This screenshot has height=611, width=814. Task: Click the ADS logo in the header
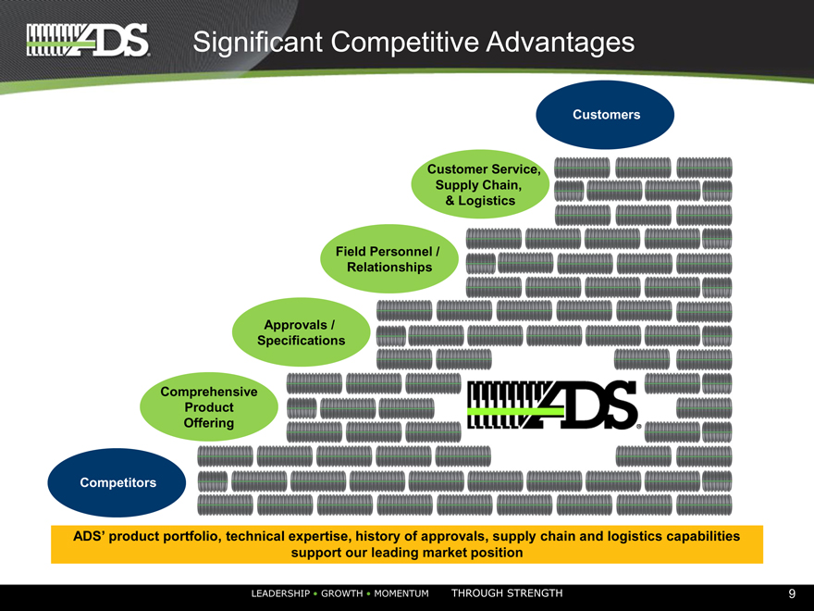tap(88, 40)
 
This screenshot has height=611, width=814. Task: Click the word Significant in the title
tap(255, 42)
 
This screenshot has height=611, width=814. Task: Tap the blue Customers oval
tap(606, 115)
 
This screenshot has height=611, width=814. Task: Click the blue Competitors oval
tap(117, 482)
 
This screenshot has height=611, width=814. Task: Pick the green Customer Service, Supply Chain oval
tap(481, 185)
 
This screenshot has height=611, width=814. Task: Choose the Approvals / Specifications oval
tap(301, 332)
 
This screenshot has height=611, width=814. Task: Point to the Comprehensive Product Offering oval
tap(208, 407)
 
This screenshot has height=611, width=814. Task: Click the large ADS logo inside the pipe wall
tap(553, 405)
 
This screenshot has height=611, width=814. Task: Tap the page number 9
tap(792, 593)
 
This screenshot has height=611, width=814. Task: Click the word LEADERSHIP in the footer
tap(280, 593)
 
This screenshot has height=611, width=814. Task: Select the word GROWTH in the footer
tap(343, 593)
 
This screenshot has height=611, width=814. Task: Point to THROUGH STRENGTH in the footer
tap(506, 593)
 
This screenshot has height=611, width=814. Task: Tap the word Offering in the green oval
tap(208, 423)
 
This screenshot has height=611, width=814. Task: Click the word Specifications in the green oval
tap(301, 341)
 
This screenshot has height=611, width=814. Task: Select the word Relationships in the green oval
tap(388, 268)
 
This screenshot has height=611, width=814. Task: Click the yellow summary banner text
tap(407, 544)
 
